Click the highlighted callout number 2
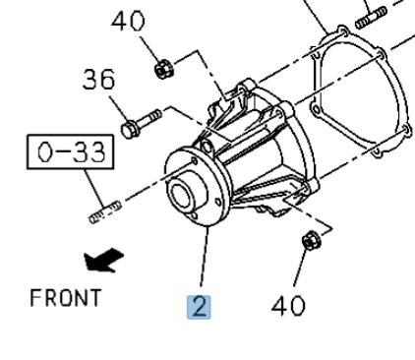click(199, 307)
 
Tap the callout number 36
click(98, 80)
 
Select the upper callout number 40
click(128, 22)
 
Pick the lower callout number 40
click(288, 306)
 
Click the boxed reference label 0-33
click(70, 151)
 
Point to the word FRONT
click(65, 298)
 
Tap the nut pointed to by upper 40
click(164, 69)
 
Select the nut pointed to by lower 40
click(312, 240)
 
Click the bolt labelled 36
click(141, 123)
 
